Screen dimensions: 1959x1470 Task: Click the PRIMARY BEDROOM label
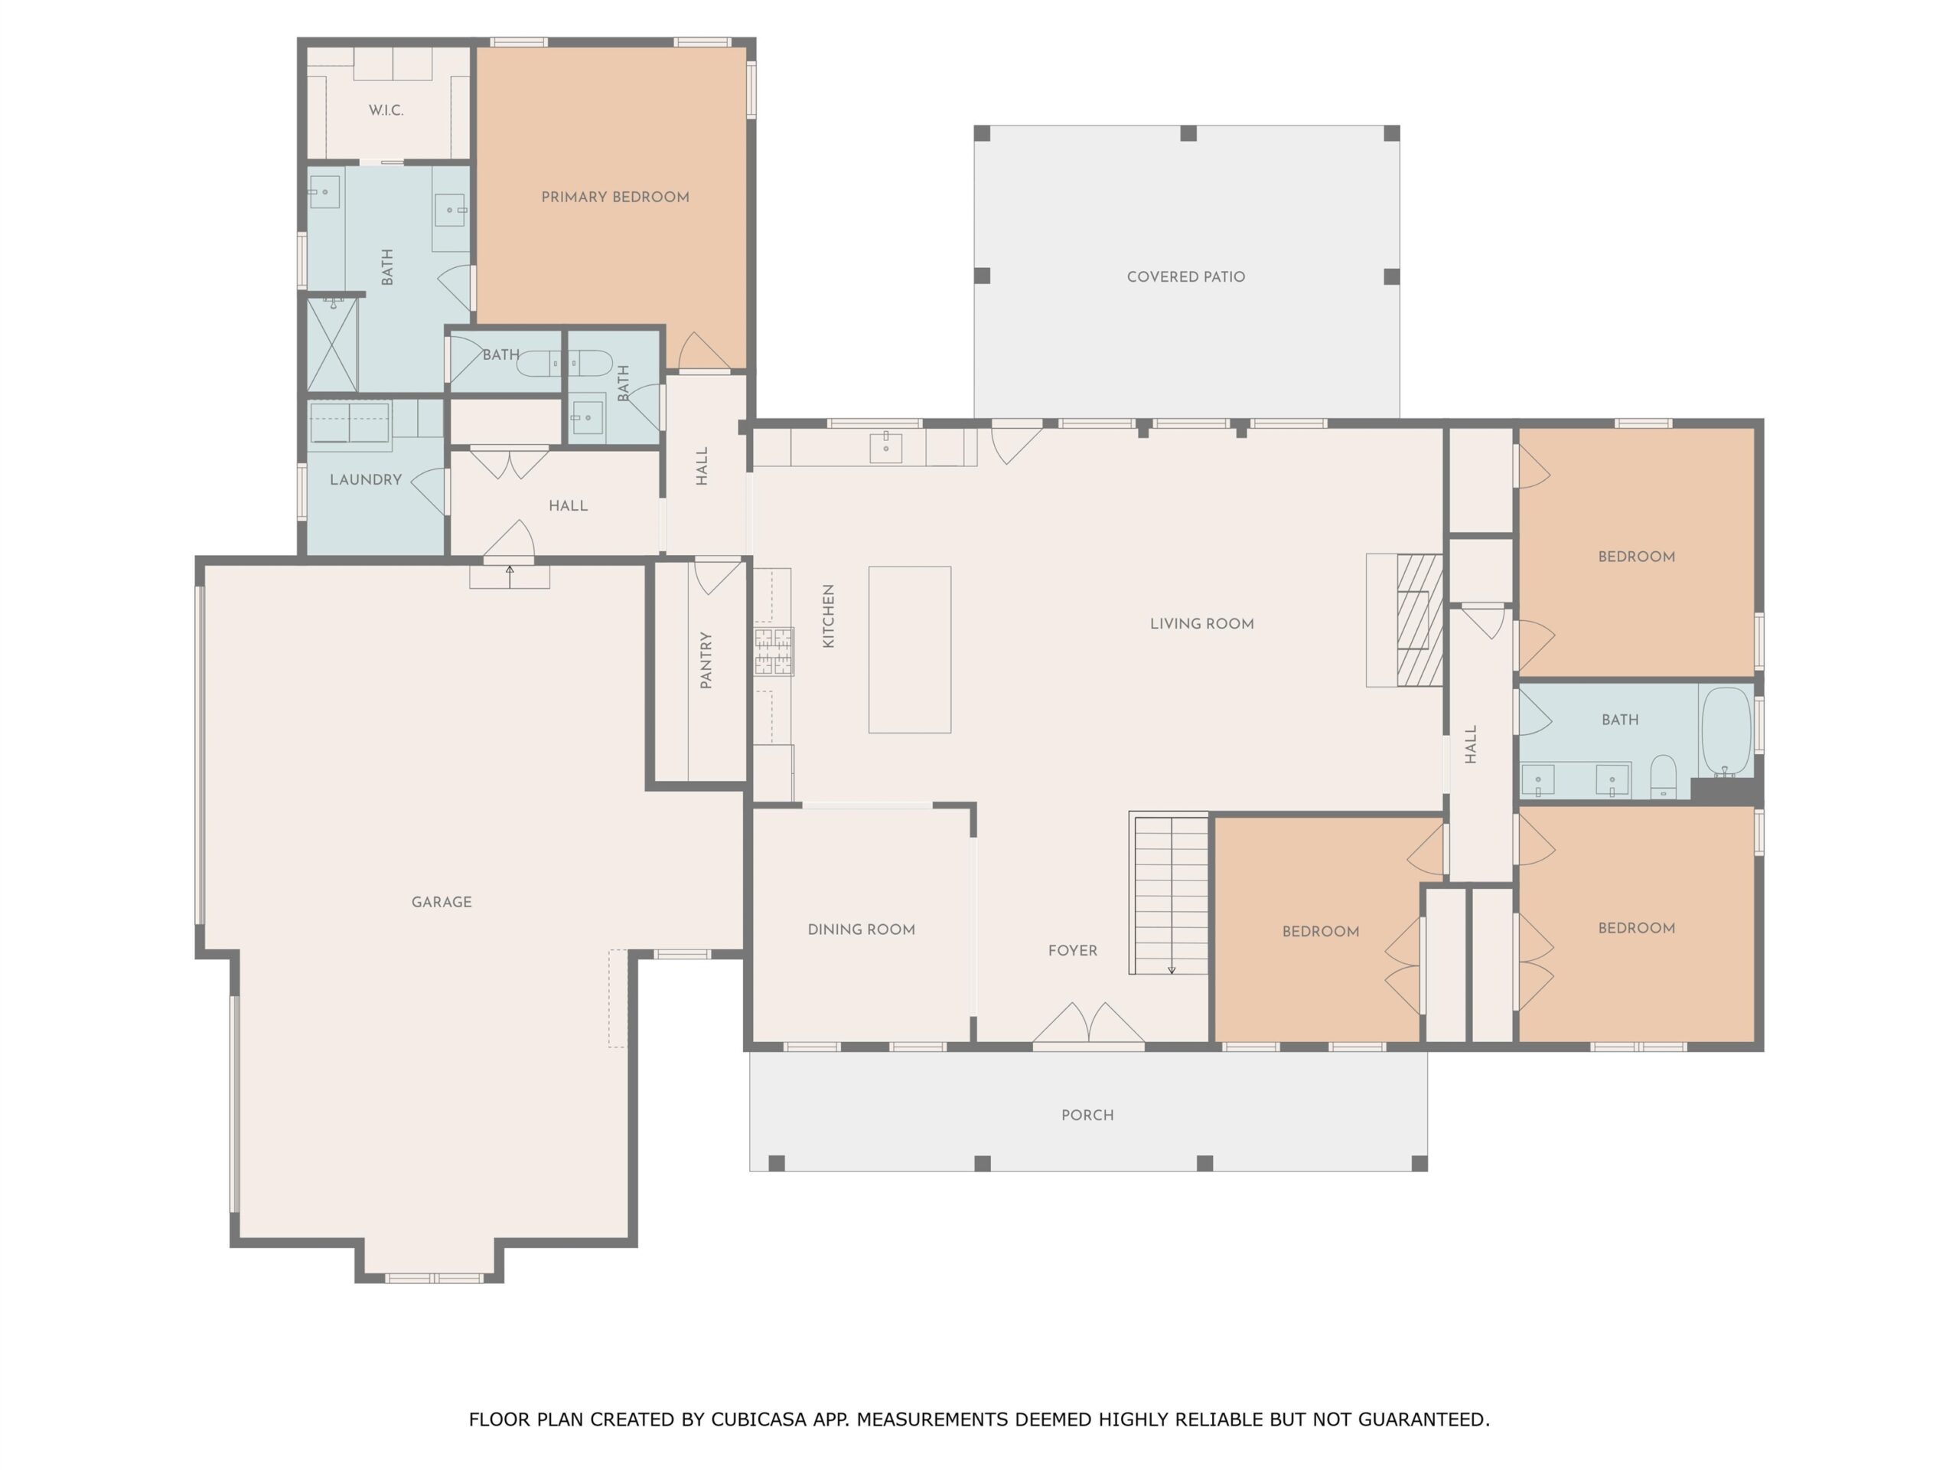tap(614, 197)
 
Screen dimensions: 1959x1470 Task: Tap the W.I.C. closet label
tap(386, 110)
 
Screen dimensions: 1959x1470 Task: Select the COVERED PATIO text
tap(1186, 276)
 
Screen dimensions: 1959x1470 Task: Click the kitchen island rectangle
tap(910, 649)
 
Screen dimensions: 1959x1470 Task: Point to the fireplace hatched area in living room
tap(1420, 620)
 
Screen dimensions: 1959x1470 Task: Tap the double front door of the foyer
tap(1088, 1024)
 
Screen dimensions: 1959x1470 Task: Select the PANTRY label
tap(706, 659)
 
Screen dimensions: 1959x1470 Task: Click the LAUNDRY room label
tap(366, 479)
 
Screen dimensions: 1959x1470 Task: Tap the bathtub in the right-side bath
tap(1726, 732)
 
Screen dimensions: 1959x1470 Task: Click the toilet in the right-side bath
tap(1663, 777)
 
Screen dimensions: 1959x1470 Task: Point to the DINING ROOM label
tap(861, 929)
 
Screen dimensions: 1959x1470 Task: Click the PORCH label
tap(1087, 1115)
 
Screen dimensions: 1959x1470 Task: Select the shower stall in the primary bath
tap(332, 345)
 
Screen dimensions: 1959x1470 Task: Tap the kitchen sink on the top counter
tap(885, 447)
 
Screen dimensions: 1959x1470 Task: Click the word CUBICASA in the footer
tap(759, 1419)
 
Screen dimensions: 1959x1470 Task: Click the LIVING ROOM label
tap(1201, 624)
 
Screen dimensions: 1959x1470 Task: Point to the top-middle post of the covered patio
tap(1188, 133)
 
